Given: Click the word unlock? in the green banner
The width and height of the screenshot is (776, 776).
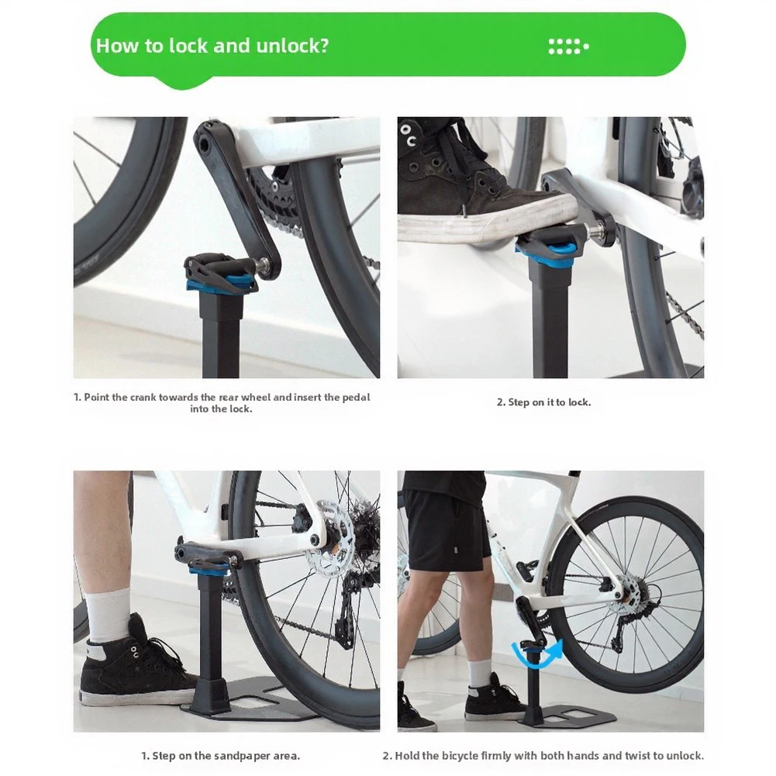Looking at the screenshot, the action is [x=292, y=46].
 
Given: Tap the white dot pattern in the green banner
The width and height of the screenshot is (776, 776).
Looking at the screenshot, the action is [x=569, y=47].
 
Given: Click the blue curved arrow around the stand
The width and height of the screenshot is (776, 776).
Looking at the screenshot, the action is [x=537, y=652].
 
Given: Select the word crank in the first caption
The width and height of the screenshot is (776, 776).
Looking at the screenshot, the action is [x=143, y=397].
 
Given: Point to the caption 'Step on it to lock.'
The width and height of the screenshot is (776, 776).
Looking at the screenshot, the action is [x=543, y=402].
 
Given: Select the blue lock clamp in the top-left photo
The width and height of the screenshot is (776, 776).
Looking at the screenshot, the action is [x=221, y=285].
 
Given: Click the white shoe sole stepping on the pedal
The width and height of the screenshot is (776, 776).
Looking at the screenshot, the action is [x=485, y=222].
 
